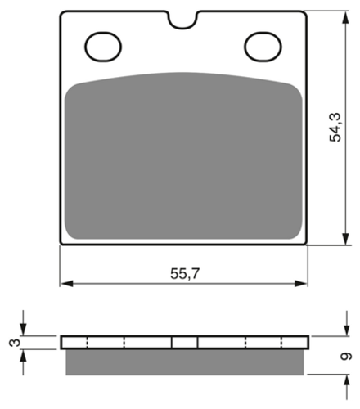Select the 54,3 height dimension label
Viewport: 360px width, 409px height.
tap(335, 127)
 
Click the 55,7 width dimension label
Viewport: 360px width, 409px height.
tap(185, 273)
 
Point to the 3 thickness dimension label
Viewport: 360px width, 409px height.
tap(15, 343)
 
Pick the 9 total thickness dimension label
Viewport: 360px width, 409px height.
tap(346, 357)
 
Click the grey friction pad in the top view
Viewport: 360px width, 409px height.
tap(183, 156)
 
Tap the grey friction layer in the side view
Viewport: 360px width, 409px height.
tap(185, 362)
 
